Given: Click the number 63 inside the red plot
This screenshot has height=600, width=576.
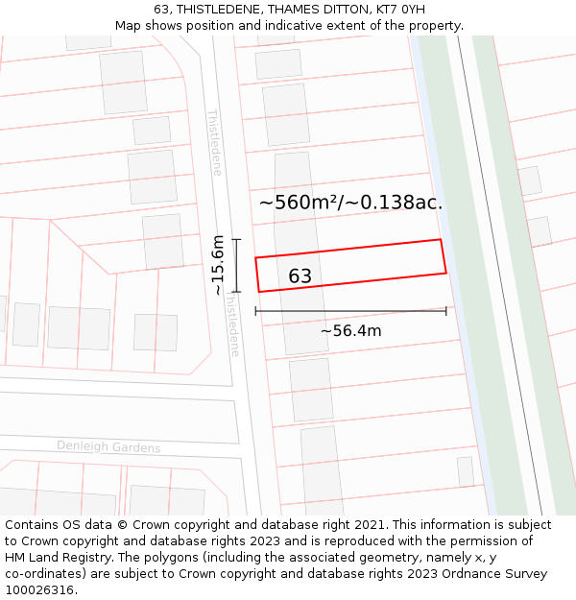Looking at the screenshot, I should [x=300, y=276].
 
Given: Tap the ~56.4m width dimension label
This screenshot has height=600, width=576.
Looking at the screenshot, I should [x=350, y=331].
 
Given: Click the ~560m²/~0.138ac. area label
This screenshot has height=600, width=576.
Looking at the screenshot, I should [x=350, y=203].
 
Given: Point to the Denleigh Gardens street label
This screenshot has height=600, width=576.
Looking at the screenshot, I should [x=108, y=447].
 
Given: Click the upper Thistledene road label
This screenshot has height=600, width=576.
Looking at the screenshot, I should [x=215, y=142].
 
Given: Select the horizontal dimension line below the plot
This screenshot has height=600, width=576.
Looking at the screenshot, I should [x=350, y=311].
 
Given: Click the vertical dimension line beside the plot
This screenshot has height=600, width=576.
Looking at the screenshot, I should [x=236, y=265].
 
